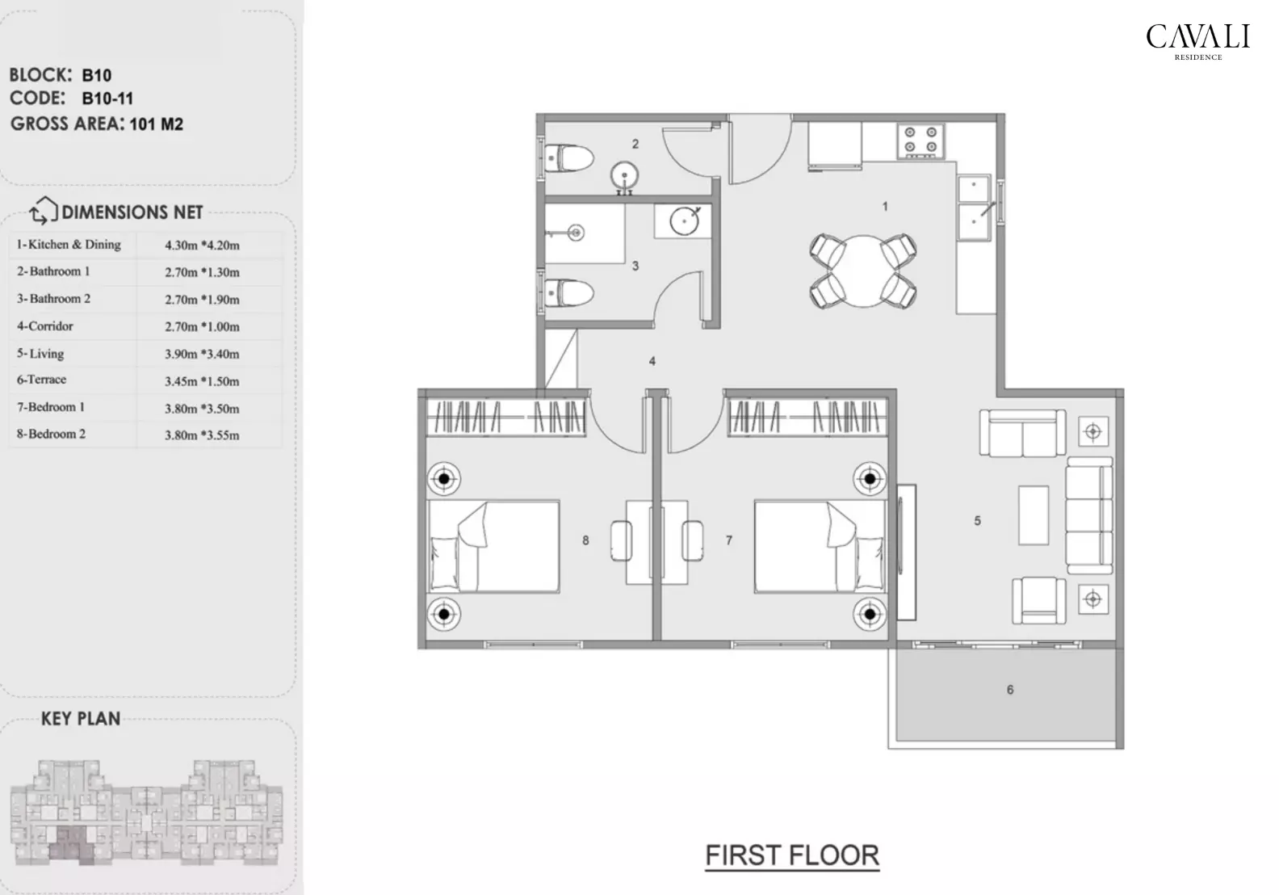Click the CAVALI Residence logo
tap(1197, 41)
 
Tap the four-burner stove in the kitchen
tap(920, 139)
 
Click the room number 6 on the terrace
tap(1010, 690)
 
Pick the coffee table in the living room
tap(1033, 515)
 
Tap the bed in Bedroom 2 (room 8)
tap(493, 547)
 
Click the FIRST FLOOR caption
tap(791, 855)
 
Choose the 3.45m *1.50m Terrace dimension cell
tap(202, 381)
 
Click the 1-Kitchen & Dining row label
tap(69, 245)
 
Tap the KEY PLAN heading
tap(81, 719)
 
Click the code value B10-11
tap(107, 99)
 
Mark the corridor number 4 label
tap(652, 361)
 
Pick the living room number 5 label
tap(977, 521)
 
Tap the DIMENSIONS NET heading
tap(132, 212)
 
